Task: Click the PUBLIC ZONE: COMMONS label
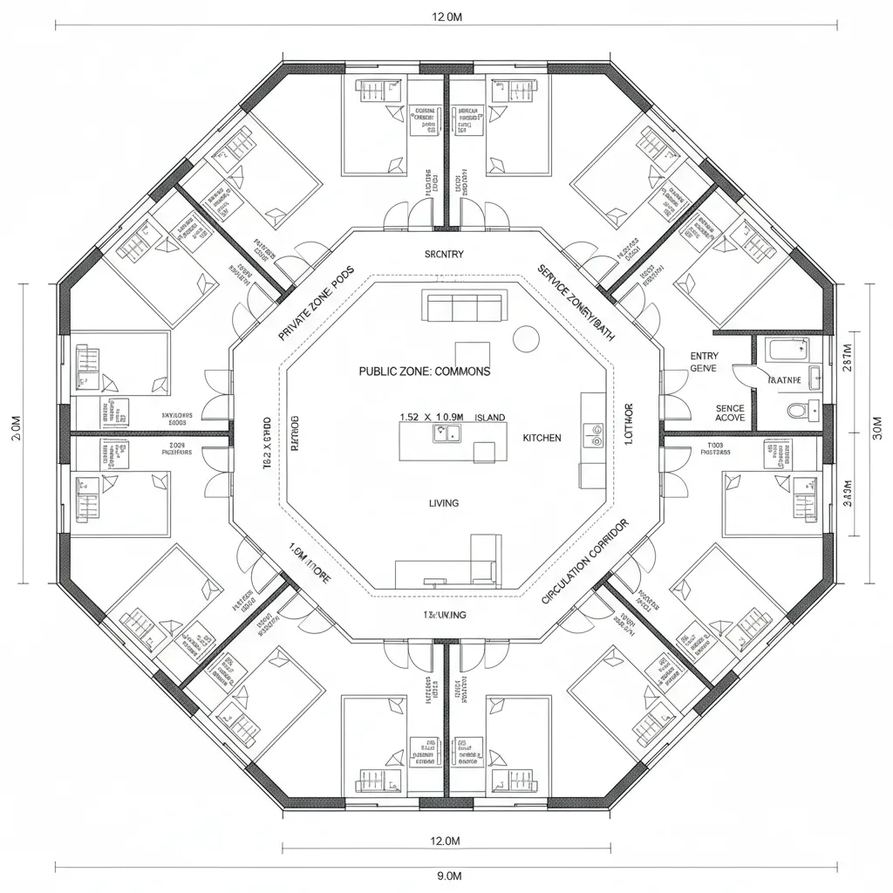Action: point(425,371)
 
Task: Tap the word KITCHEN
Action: point(542,437)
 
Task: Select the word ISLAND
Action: point(490,418)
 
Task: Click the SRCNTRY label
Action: point(444,255)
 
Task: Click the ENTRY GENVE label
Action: point(704,362)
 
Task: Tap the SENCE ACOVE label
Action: point(730,412)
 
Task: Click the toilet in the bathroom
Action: point(797,410)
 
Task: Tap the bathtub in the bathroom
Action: point(787,351)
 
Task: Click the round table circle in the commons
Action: point(527,337)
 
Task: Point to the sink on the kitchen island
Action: point(448,433)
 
